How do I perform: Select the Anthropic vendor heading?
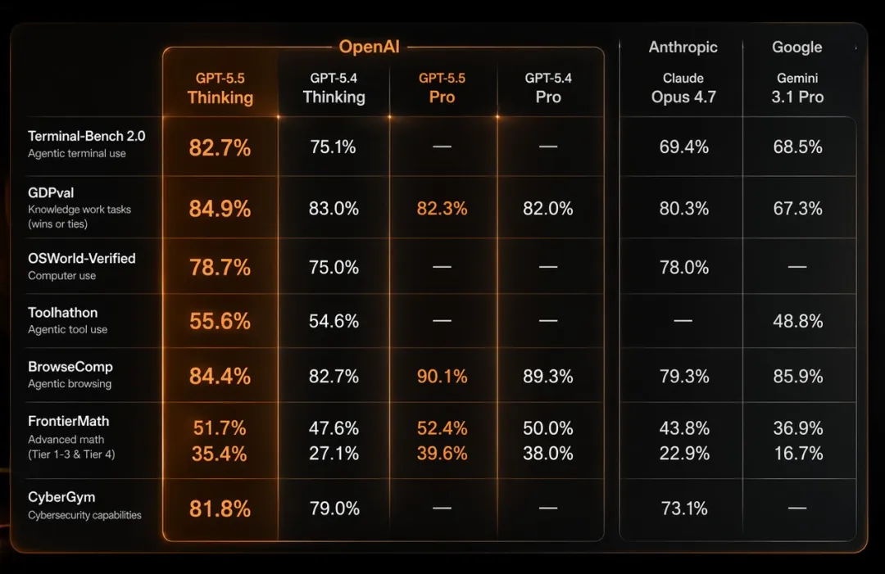683,47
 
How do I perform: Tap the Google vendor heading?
796,47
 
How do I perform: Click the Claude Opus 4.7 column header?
683,88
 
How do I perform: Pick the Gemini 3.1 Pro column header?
797,88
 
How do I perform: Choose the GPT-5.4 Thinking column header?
334,88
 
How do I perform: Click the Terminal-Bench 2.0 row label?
86,137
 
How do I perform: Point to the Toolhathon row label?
62,313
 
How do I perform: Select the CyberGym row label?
61,497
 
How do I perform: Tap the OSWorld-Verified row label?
81,259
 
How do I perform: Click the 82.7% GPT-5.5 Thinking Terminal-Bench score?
220,148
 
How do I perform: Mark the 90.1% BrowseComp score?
442,377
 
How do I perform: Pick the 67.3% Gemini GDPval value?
797,209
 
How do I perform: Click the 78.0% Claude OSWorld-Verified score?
683,268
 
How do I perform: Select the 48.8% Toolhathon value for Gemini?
797,322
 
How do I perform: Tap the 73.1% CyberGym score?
683,508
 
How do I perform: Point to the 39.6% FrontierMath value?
442,454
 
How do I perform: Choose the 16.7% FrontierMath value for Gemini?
797,454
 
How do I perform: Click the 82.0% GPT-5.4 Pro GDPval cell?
547,209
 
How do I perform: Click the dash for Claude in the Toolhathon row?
683,322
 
